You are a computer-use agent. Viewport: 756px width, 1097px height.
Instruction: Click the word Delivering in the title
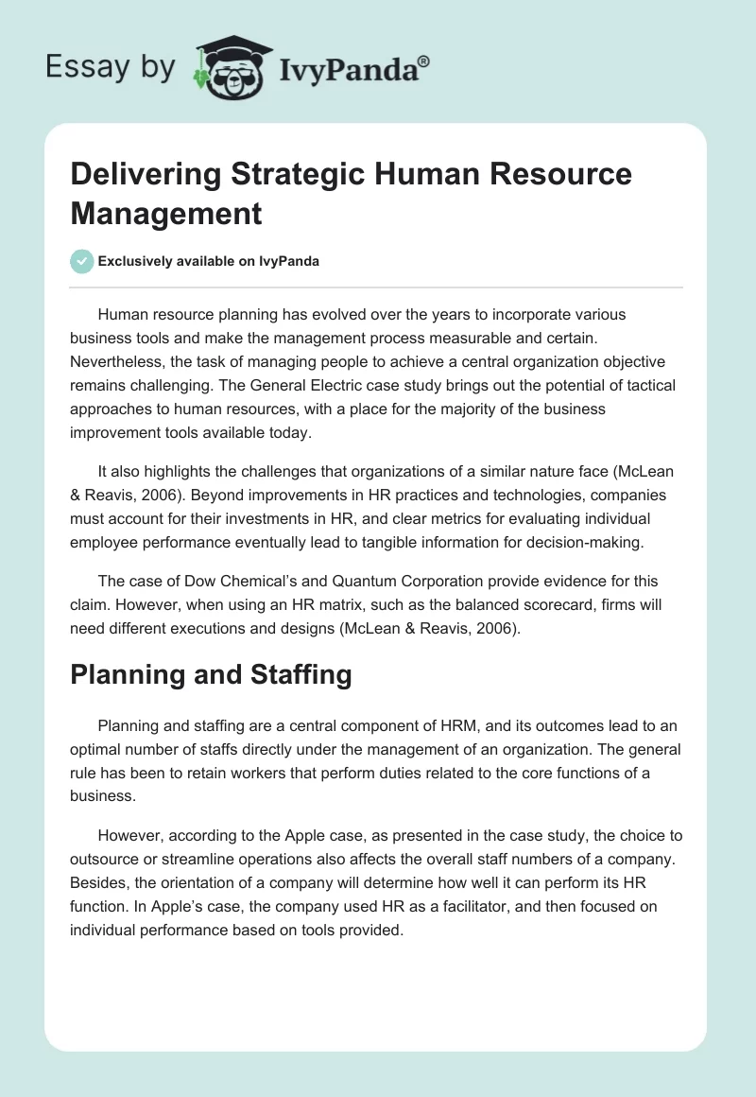(133, 175)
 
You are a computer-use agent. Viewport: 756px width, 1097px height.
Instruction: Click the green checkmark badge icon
(82, 261)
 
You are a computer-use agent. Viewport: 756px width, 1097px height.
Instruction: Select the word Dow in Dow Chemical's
(184, 581)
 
